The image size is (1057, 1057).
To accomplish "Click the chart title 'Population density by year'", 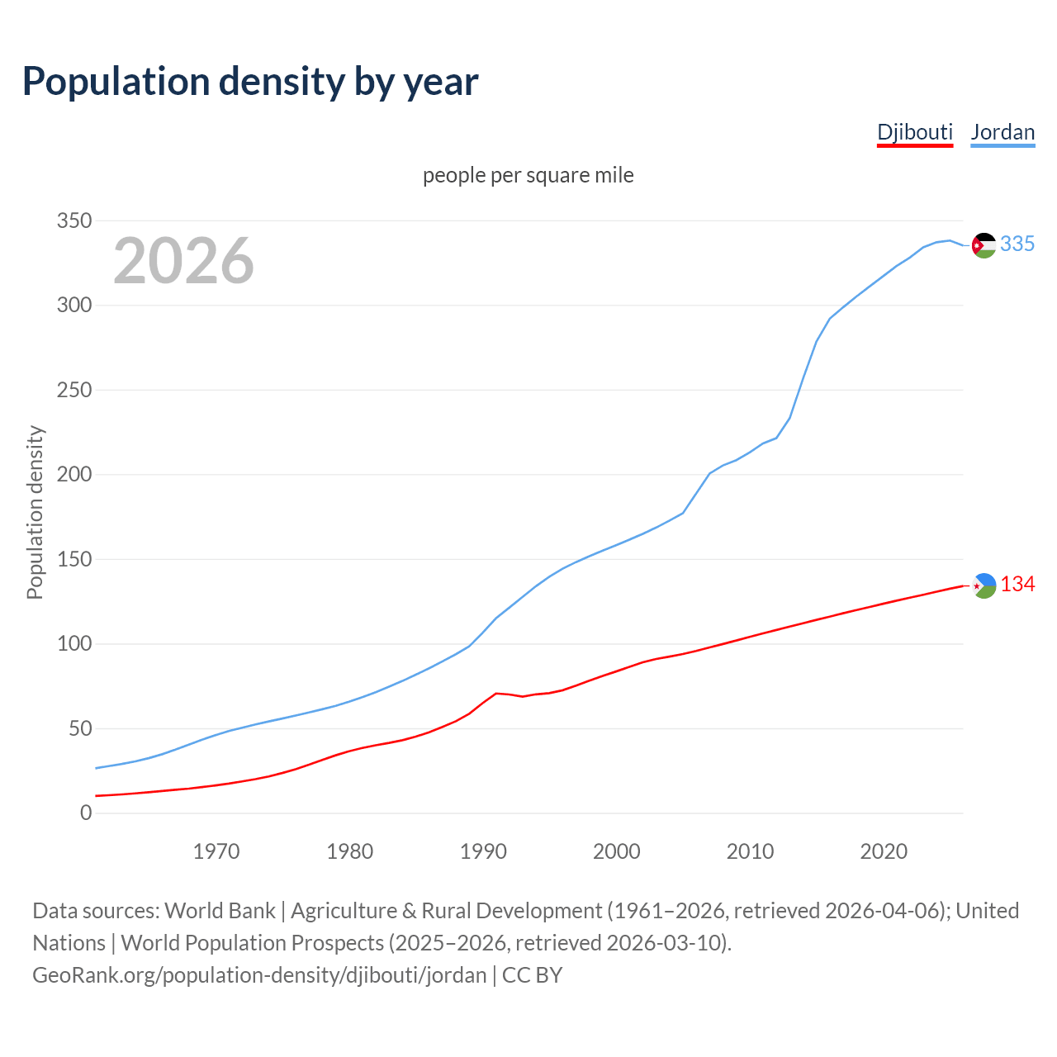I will click(x=250, y=82).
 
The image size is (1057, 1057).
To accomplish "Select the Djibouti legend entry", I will click(x=914, y=132).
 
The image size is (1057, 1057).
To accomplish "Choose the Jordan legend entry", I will click(x=1002, y=132).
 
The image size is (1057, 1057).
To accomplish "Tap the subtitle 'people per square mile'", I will click(x=528, y=175).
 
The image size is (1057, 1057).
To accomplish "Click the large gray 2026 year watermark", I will click(x=183, y=261).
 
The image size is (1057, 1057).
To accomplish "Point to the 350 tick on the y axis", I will click(x=73, y=220).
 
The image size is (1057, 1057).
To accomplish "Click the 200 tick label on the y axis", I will click(x=73, y=474).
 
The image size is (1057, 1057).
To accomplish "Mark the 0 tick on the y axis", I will click(x=86, y=813).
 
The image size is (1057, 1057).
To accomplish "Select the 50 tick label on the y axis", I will click(x=79, y=728).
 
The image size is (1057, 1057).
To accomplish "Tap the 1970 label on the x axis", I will click(x=216, y=851).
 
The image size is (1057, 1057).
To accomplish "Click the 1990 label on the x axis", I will click(x=483, y=851).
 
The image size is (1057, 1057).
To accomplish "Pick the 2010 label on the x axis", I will click(x=750, y=851).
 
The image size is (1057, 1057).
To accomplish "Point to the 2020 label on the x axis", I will click(x=884, y=851).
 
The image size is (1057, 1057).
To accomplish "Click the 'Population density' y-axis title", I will click(x=35, y=512).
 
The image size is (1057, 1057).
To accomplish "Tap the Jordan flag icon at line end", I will click(x=984, y=245).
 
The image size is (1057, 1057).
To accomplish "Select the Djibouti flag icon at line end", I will click(x=984, y=585).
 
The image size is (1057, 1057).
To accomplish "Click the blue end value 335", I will click(x=1017, y=244).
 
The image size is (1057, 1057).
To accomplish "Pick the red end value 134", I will click(x=1017, y=585).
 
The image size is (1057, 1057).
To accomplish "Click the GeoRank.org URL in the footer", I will click(x=259, y=975).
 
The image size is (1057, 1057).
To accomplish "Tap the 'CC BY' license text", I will click(x=533, y=975).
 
